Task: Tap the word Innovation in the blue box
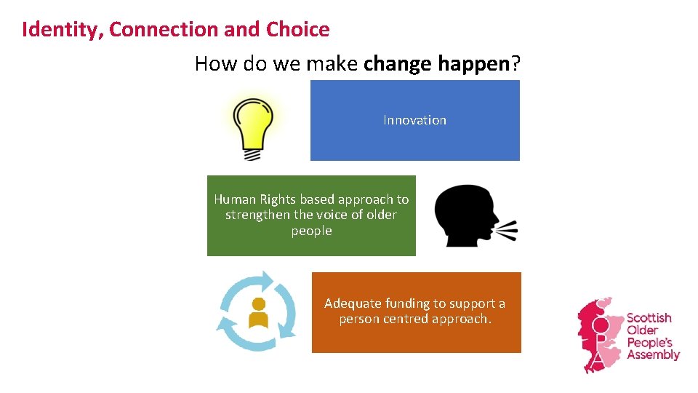click(414, 120)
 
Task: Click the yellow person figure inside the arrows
click(257, 313)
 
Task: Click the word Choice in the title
click(297, 30)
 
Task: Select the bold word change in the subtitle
click(398, 64)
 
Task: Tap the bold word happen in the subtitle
click(473, 64)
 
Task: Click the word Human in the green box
click(233, 199)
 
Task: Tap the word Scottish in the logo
click(649, 318)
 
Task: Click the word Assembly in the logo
click(652, 355)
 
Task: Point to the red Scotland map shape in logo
click(596, 335)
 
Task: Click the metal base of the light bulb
click(252, 154)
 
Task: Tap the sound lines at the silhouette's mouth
click(507, 230)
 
